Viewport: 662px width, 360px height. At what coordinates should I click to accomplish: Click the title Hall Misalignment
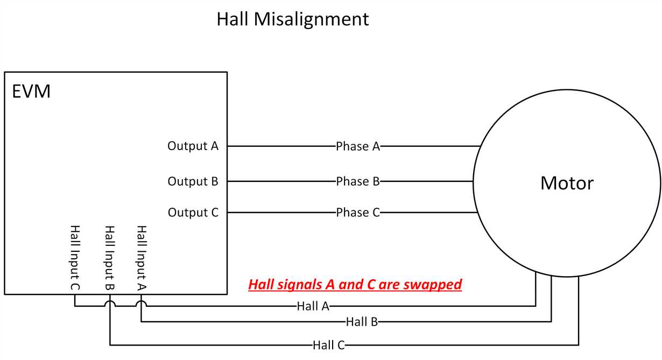[292, 19]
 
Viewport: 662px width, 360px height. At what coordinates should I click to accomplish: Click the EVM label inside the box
[31, 91]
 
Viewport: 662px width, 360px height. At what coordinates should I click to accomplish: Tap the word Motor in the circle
[567, 183]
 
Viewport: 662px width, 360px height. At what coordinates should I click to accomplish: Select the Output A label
[193, 146]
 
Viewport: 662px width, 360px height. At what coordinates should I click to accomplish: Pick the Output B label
[193, 181]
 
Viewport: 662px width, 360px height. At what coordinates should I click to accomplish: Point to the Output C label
[193, 213]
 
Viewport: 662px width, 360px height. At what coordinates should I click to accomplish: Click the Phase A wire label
[358, 146]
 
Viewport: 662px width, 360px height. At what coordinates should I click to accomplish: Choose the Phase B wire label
[358, 181]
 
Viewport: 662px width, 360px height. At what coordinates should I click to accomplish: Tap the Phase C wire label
[358, 213]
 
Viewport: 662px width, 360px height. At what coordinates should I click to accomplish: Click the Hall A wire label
[313, 306]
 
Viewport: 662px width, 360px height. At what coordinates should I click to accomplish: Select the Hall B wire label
[362, 322]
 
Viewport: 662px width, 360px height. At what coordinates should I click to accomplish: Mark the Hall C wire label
[328, 345]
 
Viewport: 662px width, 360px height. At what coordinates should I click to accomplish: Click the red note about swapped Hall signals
[355, 284]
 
